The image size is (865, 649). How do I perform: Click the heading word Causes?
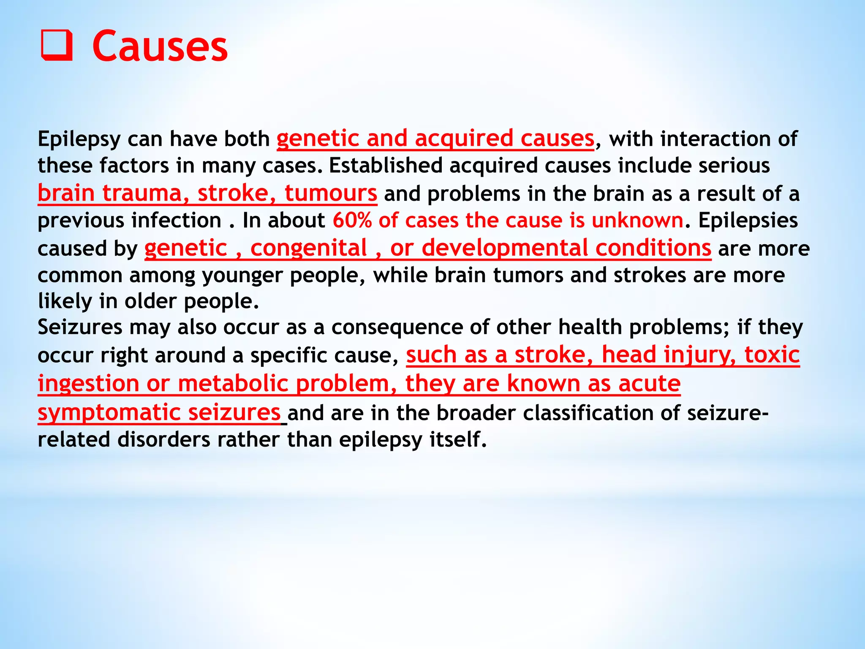tap(160, 46)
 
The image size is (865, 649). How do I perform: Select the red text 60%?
tap(352, 221)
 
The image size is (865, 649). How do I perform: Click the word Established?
tap(385, 165)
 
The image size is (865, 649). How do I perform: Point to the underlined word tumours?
tap(330, 194)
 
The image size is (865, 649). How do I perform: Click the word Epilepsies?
tap(748, 221)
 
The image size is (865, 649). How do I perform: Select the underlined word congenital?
tap(308, 248)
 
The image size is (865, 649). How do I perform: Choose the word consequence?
tap(397, 327)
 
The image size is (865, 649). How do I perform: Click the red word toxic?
tap(772, 354)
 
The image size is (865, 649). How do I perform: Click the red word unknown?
tap(637, 221)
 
